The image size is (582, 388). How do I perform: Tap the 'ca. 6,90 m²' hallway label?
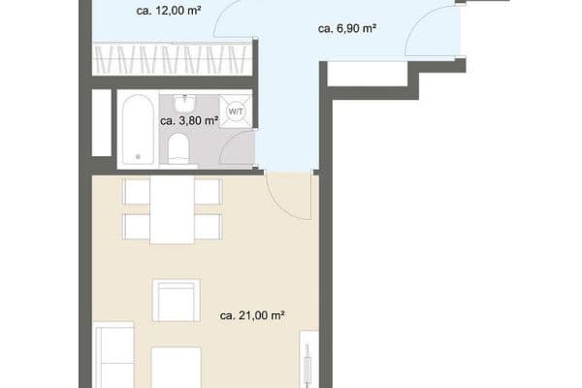click(x=346, y=29)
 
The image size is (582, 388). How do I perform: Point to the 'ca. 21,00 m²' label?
click(x=251, y=315)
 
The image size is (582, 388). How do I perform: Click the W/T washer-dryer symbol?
click(x=235, y=113)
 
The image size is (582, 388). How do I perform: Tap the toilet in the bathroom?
click(x=178, y=147)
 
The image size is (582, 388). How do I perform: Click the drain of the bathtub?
click(x=137, y=155)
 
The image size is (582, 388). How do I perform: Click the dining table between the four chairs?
click(x=173, y=211)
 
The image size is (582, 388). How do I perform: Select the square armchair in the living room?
click(x=177, y=301)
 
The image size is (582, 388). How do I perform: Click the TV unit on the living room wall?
click(x=307, y=359)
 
